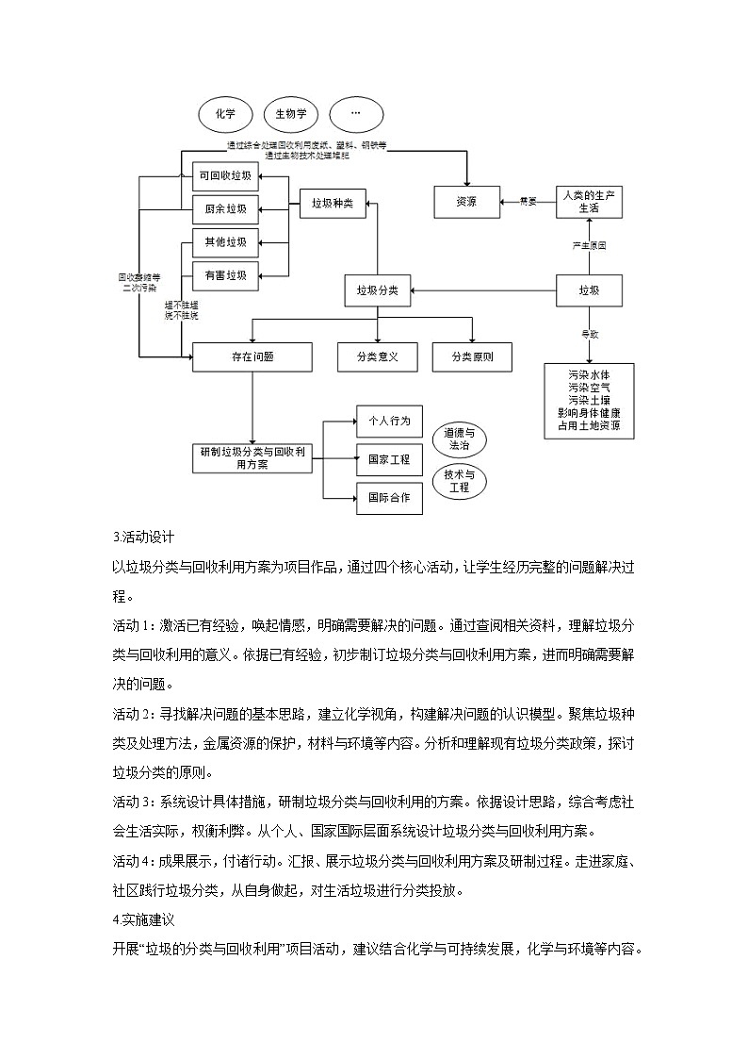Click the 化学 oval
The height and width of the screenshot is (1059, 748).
pos(225,115)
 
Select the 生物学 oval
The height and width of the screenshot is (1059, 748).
pos(291,115)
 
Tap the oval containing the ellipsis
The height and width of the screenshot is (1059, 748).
pos(355,115)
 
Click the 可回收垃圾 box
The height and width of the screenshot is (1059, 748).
pos(225,176)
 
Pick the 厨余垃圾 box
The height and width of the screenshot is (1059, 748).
pos(225,208)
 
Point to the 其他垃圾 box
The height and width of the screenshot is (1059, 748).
pos(225,242)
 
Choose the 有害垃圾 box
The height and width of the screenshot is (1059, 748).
pos(225,275)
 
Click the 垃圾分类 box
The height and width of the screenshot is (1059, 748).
pos(377,290)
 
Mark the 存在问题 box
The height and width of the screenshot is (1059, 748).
pos(252,356)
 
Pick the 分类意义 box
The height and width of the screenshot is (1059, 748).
pos(377,356)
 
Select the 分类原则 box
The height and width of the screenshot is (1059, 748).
pos(472,356)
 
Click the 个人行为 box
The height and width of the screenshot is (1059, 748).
pos(389,421)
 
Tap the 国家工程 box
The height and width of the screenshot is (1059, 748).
pos(389,459)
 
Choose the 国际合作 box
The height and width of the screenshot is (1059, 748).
pos(389,498)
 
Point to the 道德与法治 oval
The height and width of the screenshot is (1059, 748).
pos(460,440)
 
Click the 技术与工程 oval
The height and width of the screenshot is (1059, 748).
pos(460,481)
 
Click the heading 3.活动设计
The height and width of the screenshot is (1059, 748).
pos(143,540)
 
